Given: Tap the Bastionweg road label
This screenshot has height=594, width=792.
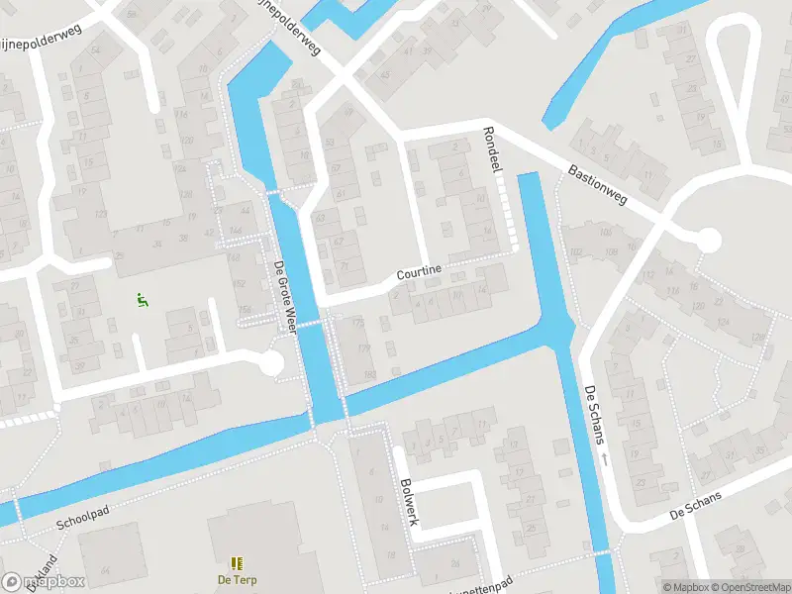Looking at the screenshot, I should (599, 185).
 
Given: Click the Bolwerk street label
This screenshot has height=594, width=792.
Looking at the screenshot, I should (410, 501).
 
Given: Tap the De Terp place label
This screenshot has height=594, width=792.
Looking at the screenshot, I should (237, 580).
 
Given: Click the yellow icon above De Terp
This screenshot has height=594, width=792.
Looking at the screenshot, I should (237, 563).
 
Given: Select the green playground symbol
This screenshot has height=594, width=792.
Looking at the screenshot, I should (142, 297).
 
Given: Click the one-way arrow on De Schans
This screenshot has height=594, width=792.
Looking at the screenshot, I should (602, 460).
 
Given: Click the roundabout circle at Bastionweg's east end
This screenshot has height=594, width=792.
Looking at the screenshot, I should (709, 241).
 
